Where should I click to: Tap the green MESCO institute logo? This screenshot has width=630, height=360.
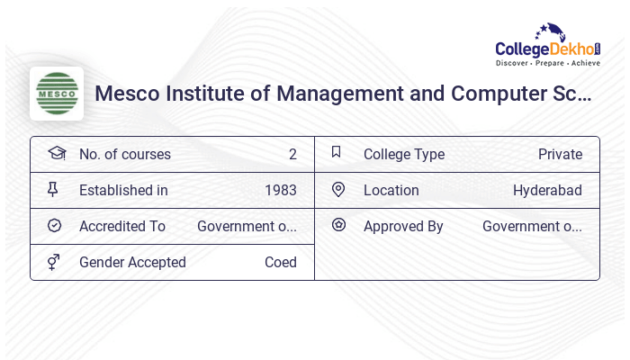click(x=57, y=94)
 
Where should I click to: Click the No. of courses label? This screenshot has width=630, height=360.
click(x=124, y=154)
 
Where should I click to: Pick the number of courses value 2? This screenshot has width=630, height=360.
click(x=292, y=154)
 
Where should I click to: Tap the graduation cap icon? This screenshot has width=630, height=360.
click(x=56, y=153)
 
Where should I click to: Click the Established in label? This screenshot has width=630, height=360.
click(x=123, y=190)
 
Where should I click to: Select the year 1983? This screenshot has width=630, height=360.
click(x=280, y=190)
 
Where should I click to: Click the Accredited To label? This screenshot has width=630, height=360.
click(x=122, y=226)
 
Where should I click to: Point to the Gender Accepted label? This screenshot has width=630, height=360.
click(x=132, y=262)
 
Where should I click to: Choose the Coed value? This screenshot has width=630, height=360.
click(x=280, y=262)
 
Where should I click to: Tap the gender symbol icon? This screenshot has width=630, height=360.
click(x=54, y=262)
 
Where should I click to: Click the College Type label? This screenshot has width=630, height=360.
click(x=404, y=154)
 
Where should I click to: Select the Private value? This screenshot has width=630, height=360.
click(x=560, y=154)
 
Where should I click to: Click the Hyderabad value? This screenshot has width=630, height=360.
click(x=547, y=190)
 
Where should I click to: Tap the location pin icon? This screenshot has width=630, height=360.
click(x=338, y=189)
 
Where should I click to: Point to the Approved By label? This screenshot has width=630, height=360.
click(x=403, y=226)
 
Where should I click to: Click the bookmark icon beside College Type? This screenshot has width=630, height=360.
click(x=337, y=152)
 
